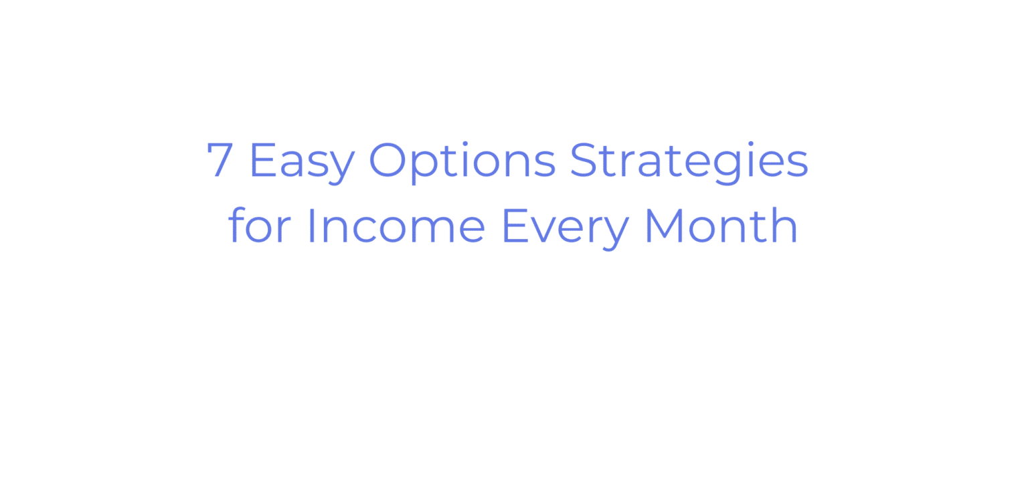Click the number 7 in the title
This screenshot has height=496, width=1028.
(220, 161)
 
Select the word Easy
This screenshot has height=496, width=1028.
(301, 161)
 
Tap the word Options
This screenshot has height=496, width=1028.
(462, 161)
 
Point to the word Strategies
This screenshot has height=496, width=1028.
(689, 161)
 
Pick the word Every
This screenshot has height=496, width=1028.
(566, 226)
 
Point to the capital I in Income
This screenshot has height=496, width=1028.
(311, 226)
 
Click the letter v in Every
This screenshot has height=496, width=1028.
(549, 230)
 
